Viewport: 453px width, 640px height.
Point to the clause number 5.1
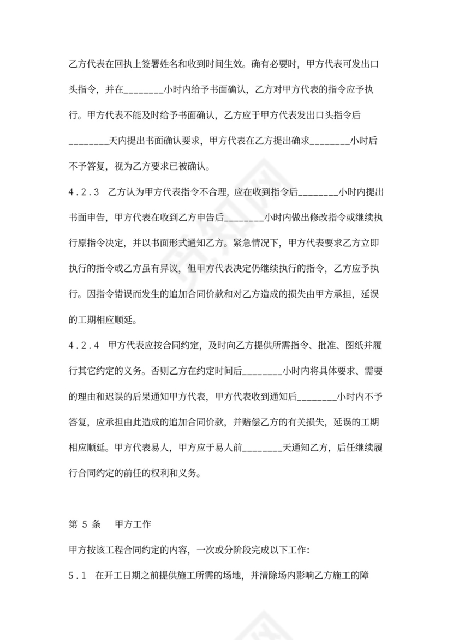[78, 575]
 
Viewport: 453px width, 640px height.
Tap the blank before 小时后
[330, 141]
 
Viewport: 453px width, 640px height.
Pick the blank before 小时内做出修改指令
[244, 218]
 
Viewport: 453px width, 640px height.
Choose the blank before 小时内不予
[318, 396]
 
